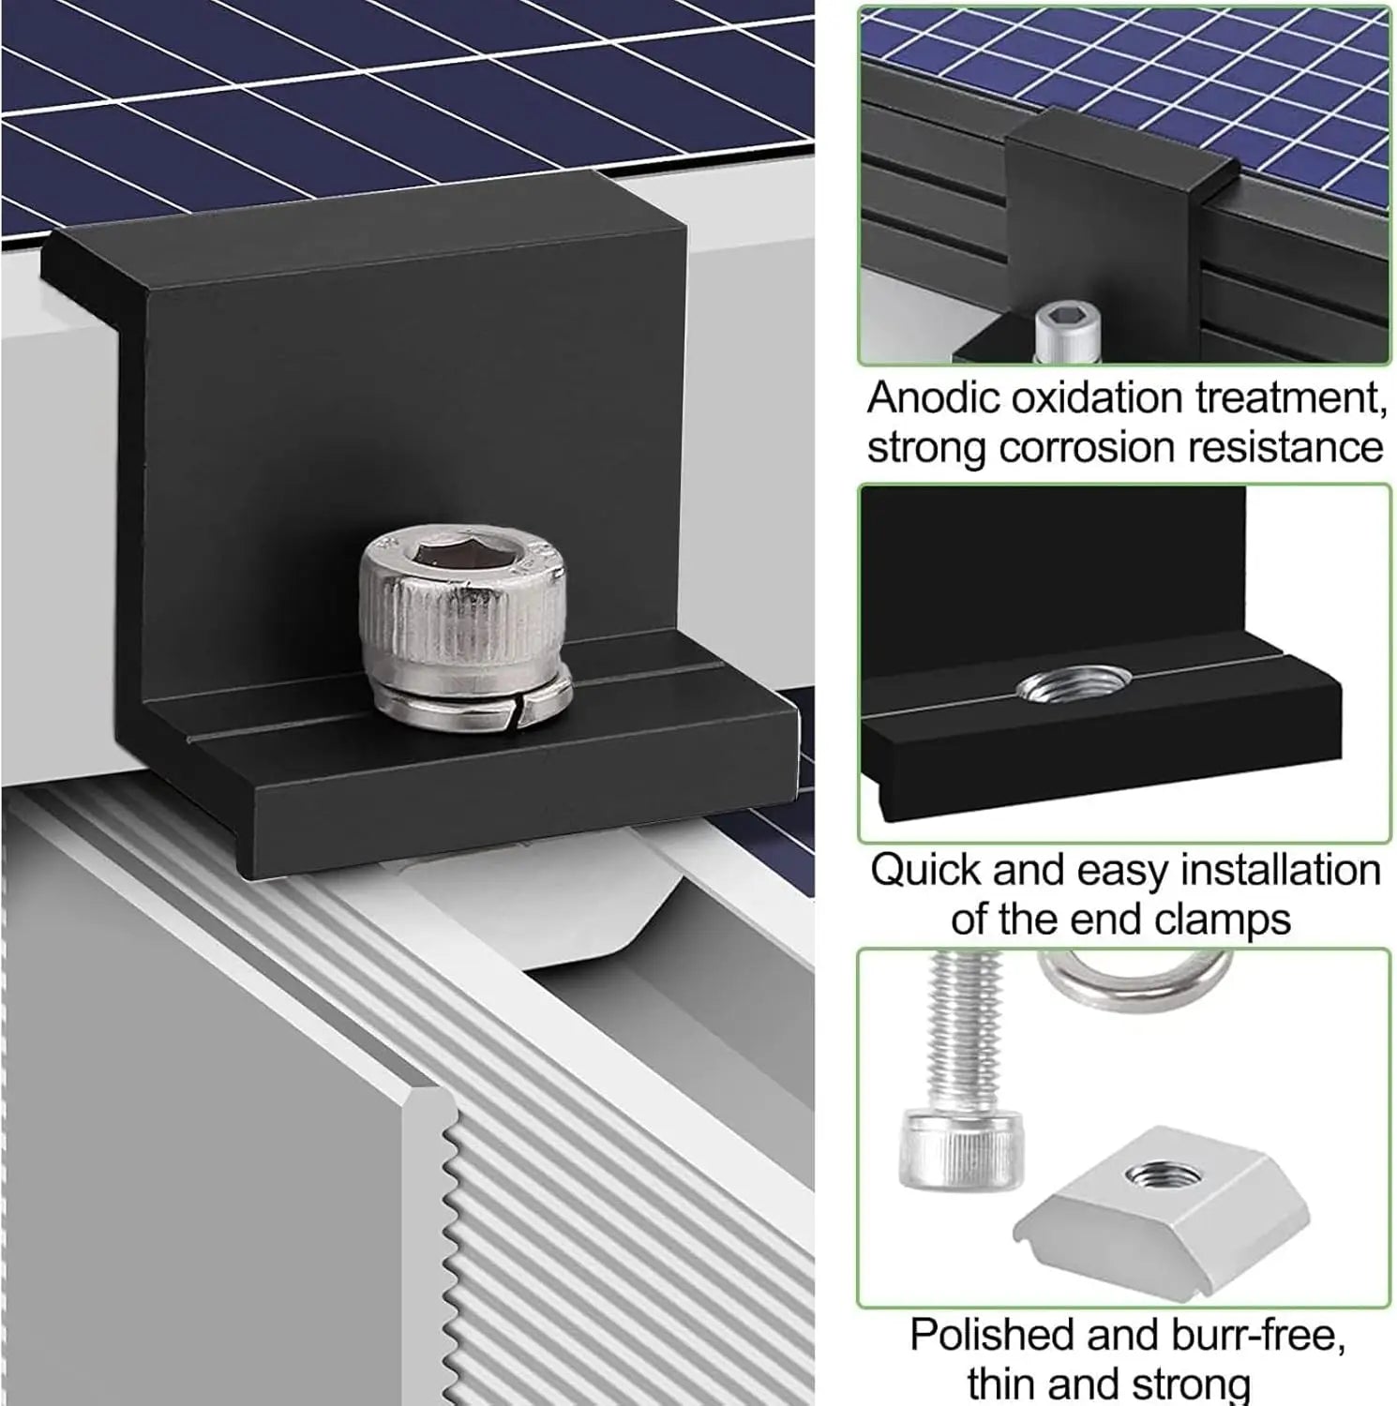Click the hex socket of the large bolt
pos(458,557)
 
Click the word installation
pos(1280,870)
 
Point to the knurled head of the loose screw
pos(943,1149)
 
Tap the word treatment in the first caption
pos(1291,398)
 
